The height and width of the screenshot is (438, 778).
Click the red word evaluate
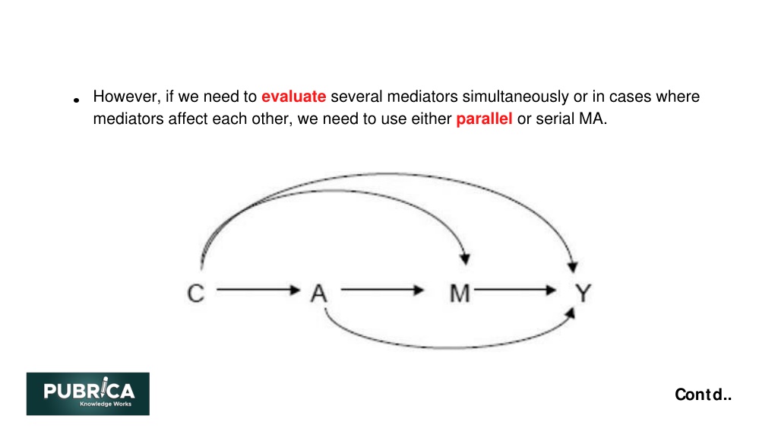pos(294,97)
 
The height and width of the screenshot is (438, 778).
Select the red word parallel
pos(484,119)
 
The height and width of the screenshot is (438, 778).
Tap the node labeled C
pos(195,293)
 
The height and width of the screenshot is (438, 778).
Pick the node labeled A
pos(319,293)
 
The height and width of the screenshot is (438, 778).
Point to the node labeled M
pos(460,293)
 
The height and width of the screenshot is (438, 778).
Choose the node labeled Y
pos(583,293)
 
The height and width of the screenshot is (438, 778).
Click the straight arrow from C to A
pos(258,290)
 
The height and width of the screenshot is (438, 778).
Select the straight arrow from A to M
pos(382,290)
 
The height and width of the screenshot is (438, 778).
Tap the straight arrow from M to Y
pos(515,290)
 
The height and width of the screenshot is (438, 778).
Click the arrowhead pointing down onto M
pos(465,259)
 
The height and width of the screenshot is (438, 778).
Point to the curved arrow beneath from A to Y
pos(449,347)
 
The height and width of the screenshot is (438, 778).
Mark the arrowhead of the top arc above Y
pos(573,267)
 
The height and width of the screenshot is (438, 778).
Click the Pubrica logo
pos(88,394)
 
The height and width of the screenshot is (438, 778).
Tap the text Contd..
pos(703,395)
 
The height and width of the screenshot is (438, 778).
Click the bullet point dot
pos(77,100)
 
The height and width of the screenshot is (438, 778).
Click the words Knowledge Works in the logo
pos(106,405)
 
